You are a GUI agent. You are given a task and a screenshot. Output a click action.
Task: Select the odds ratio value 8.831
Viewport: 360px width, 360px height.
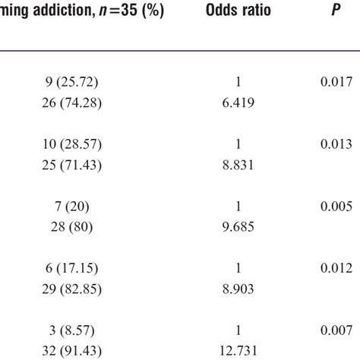point(244,164)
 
